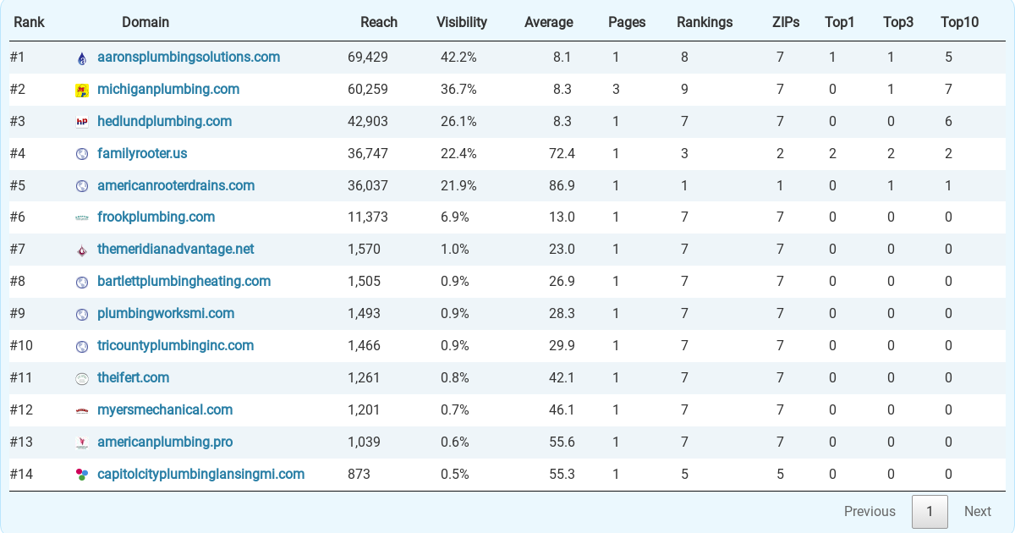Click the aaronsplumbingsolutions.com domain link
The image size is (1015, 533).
[189, 58]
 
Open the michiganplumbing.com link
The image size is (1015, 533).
[168, 90]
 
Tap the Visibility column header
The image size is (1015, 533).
[461, 22]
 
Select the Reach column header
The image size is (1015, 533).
[379, 22]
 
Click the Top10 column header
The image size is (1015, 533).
[959, 22]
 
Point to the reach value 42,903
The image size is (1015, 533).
[367, 122]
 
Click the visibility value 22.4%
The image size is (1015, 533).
[458, 154]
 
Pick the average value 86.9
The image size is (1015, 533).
[562, 186]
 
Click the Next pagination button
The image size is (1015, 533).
[978, 511]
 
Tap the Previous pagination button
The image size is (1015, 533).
[870, 511]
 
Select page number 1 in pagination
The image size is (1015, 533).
[930, 511]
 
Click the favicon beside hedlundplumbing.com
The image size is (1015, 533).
[82, 122]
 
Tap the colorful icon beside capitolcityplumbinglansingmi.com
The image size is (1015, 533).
[82, 475]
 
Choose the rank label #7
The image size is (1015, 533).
[18, 250]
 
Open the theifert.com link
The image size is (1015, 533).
[134, 378]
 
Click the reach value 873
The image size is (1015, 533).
[359, 475]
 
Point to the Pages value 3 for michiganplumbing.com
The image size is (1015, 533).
[616, 90]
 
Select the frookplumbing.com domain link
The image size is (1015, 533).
[156, 217]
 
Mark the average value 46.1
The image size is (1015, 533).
[562, 410]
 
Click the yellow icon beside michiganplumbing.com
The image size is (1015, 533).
[82, 91]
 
